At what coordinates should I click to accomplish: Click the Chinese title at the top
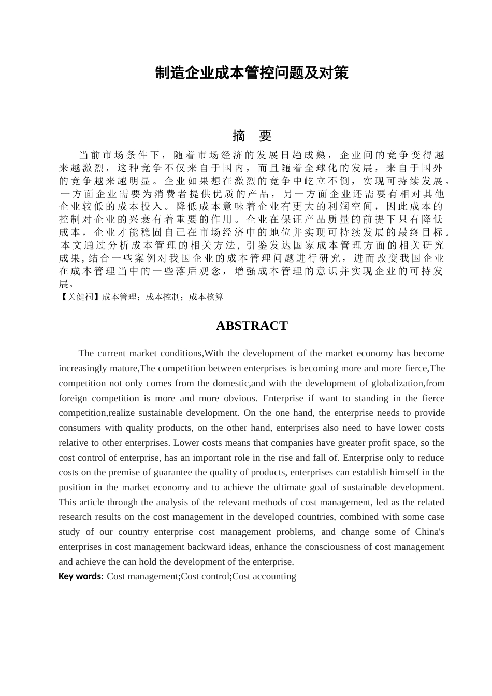252,73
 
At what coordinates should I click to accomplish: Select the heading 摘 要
252,136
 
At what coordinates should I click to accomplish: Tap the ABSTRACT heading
252,326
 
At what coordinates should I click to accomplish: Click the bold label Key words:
81,576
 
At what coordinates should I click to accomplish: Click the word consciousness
336,547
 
